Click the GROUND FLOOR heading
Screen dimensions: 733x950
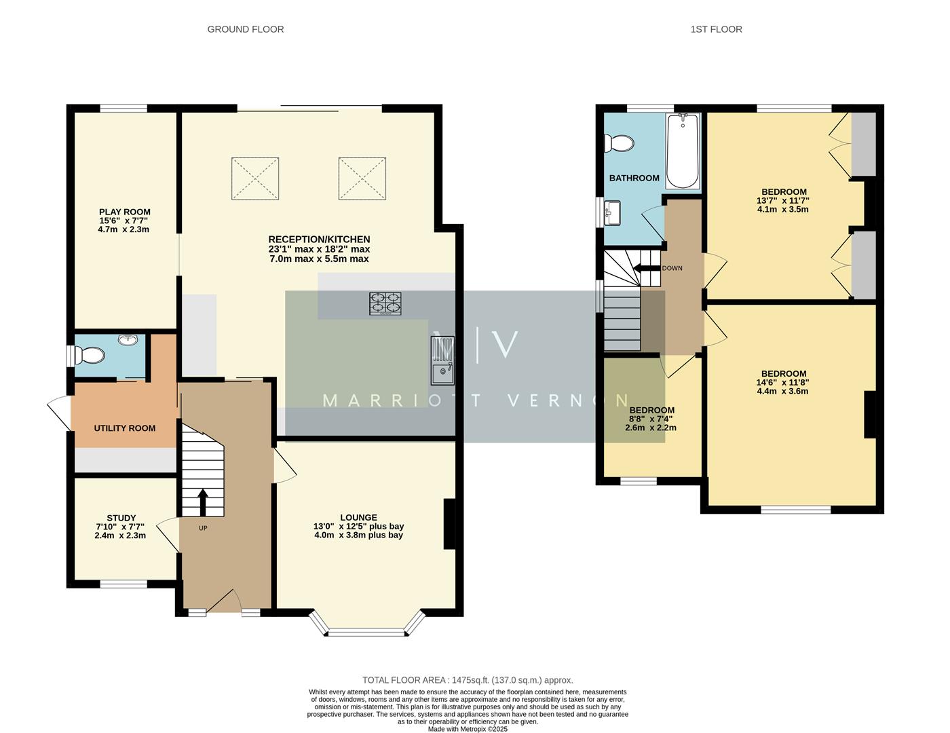[245, 29]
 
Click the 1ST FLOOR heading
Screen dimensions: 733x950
[716, 29]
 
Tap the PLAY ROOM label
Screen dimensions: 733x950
[124, 212]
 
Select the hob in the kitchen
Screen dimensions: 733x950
[385, 303]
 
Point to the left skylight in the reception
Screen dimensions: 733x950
[255, 178]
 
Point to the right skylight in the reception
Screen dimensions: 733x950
[362, 178]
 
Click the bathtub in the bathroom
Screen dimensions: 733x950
[683, 151]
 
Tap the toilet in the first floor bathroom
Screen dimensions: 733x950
[620, 143]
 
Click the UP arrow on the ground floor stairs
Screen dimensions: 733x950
[202, 502]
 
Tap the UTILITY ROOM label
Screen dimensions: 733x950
[124, 428]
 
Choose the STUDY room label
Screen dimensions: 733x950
[121, 518]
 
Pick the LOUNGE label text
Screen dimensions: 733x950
[358, 517]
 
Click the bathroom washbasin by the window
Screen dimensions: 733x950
[613, 212]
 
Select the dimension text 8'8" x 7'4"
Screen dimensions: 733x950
[651, 419]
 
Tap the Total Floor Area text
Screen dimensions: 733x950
[468, 679]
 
